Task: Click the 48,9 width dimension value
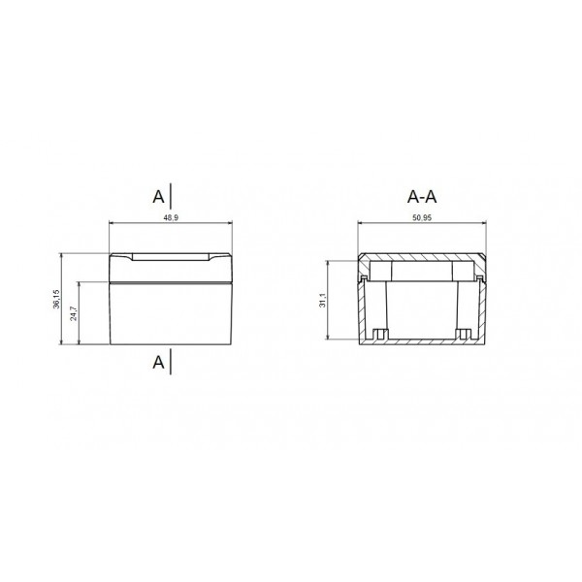pos(171,219)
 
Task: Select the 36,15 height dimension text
pos(56,300)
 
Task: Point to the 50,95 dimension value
pos(421,219)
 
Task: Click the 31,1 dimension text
pos(322,301)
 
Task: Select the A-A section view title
pos(422,197)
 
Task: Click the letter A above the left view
pos(158,196)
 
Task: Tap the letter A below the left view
pos(158,362)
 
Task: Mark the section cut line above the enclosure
pos(172,195)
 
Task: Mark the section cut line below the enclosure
pos(172,361)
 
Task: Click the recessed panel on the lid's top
pos(171,258)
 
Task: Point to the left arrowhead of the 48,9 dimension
pos(112,225)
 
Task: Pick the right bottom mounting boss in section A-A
pos(464,337)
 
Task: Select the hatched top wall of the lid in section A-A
pos(422,257)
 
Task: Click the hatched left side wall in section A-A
pos(361,310)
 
